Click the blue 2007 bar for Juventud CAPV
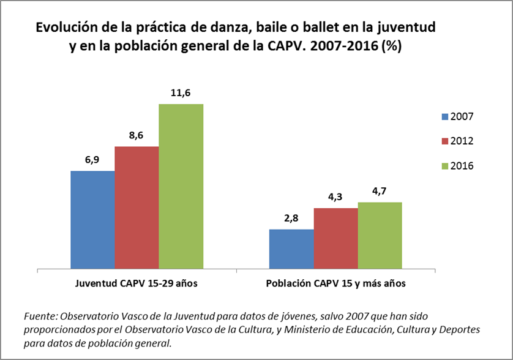click(92, 219)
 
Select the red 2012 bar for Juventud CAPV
click(137, 207)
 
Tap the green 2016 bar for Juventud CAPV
click(181, 186)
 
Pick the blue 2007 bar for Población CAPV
click(291, 249)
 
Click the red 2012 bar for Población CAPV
click(335, 238)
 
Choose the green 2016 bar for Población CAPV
click(380, 235)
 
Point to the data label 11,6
click(181, 93)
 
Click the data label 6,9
click(92, 160)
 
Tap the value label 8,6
click(137, 135)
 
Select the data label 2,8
click(291, 219)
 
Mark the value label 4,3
click(335, 197)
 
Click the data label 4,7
click(380, 191)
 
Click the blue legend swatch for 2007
click(444, 117)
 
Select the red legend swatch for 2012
click(444, 141)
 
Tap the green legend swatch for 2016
click(444, 166)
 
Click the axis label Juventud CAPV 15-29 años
click(137, 284)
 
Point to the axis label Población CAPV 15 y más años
click(335, 284)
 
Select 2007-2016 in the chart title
click(342, 47)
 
